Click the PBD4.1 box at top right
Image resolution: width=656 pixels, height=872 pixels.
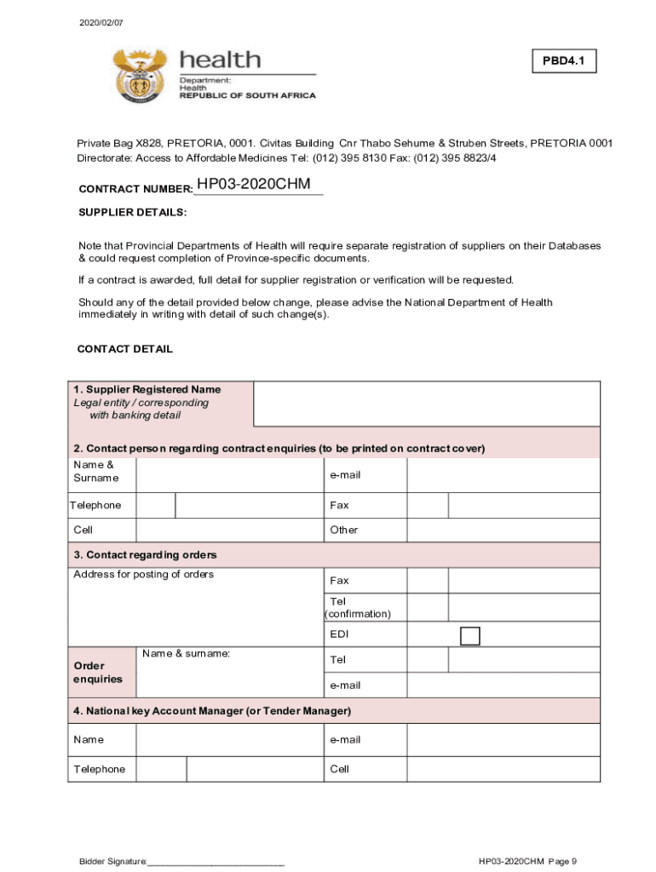click(564, 61)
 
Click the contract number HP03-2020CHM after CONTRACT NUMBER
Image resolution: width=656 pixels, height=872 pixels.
click(253, 185)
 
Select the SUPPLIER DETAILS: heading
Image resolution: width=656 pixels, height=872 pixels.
click(132, 212)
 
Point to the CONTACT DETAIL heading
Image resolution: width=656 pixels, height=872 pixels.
click(125, 349)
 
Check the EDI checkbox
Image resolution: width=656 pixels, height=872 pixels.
click(469, 635)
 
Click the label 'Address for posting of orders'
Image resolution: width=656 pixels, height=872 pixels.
click(144, 575)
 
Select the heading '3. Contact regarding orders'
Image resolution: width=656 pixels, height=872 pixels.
click(145, 555)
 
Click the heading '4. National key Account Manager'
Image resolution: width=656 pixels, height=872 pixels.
click(212, 710)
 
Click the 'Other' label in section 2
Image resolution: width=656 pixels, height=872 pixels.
click(344, 530)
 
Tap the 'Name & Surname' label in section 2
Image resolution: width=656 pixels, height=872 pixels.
click(96, 471)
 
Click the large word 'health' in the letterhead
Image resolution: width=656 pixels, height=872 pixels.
click(219, 60)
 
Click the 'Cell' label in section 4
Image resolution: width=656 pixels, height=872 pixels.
click(339, 769)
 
